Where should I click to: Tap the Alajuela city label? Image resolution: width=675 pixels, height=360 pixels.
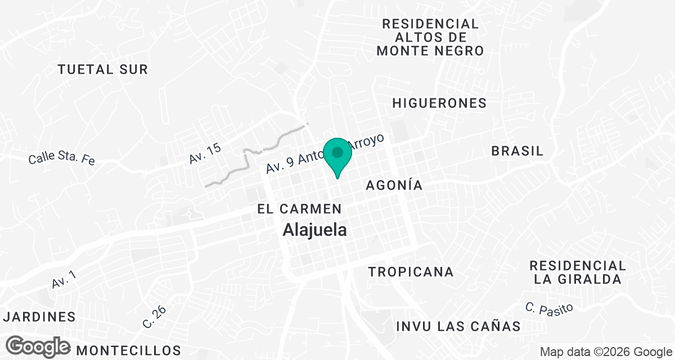coord(314,229)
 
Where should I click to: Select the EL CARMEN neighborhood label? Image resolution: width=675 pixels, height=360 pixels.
coord(299,209)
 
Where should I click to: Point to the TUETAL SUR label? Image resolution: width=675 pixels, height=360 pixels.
coord(103,70)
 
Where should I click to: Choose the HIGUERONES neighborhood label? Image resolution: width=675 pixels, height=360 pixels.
coord(439,103)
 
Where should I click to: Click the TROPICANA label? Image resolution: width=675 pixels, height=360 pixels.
coord(411,272)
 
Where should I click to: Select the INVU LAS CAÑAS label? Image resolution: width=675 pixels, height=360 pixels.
coord(458,326)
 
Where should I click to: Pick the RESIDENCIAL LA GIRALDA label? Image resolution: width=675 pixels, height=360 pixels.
coord(578,272)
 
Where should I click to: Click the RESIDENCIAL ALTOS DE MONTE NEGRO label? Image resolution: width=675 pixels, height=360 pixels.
coord(430,37)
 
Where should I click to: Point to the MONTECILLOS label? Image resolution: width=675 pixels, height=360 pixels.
coord(129,350)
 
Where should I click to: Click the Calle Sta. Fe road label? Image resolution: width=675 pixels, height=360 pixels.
coord(62,157)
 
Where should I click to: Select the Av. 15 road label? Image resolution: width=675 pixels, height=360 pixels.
coord(205,154)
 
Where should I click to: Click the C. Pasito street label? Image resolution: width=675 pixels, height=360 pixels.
coord(549,308)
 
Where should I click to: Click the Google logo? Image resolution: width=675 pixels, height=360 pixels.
coord(38,346)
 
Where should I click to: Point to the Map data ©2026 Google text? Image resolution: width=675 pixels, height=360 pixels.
coord(605,352)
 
